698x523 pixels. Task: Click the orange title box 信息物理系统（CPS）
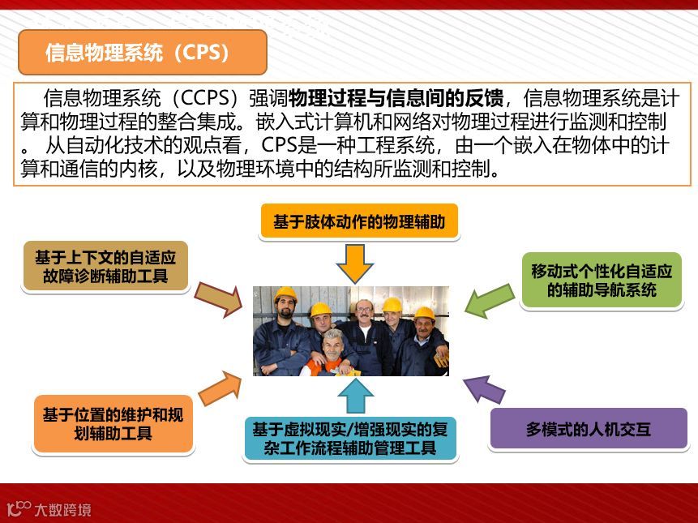143,53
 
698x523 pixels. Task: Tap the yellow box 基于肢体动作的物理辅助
359,221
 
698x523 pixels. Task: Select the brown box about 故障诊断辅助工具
105,267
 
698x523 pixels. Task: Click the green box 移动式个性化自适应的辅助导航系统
601,281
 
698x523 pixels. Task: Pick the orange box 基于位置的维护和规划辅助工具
113,424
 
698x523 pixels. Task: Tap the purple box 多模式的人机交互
588,429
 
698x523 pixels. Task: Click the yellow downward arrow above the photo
354,263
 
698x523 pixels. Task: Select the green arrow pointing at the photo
489,301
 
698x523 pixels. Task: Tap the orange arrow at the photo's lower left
220,388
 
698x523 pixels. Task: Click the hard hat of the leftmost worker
285,294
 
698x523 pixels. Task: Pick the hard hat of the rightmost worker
424,313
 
